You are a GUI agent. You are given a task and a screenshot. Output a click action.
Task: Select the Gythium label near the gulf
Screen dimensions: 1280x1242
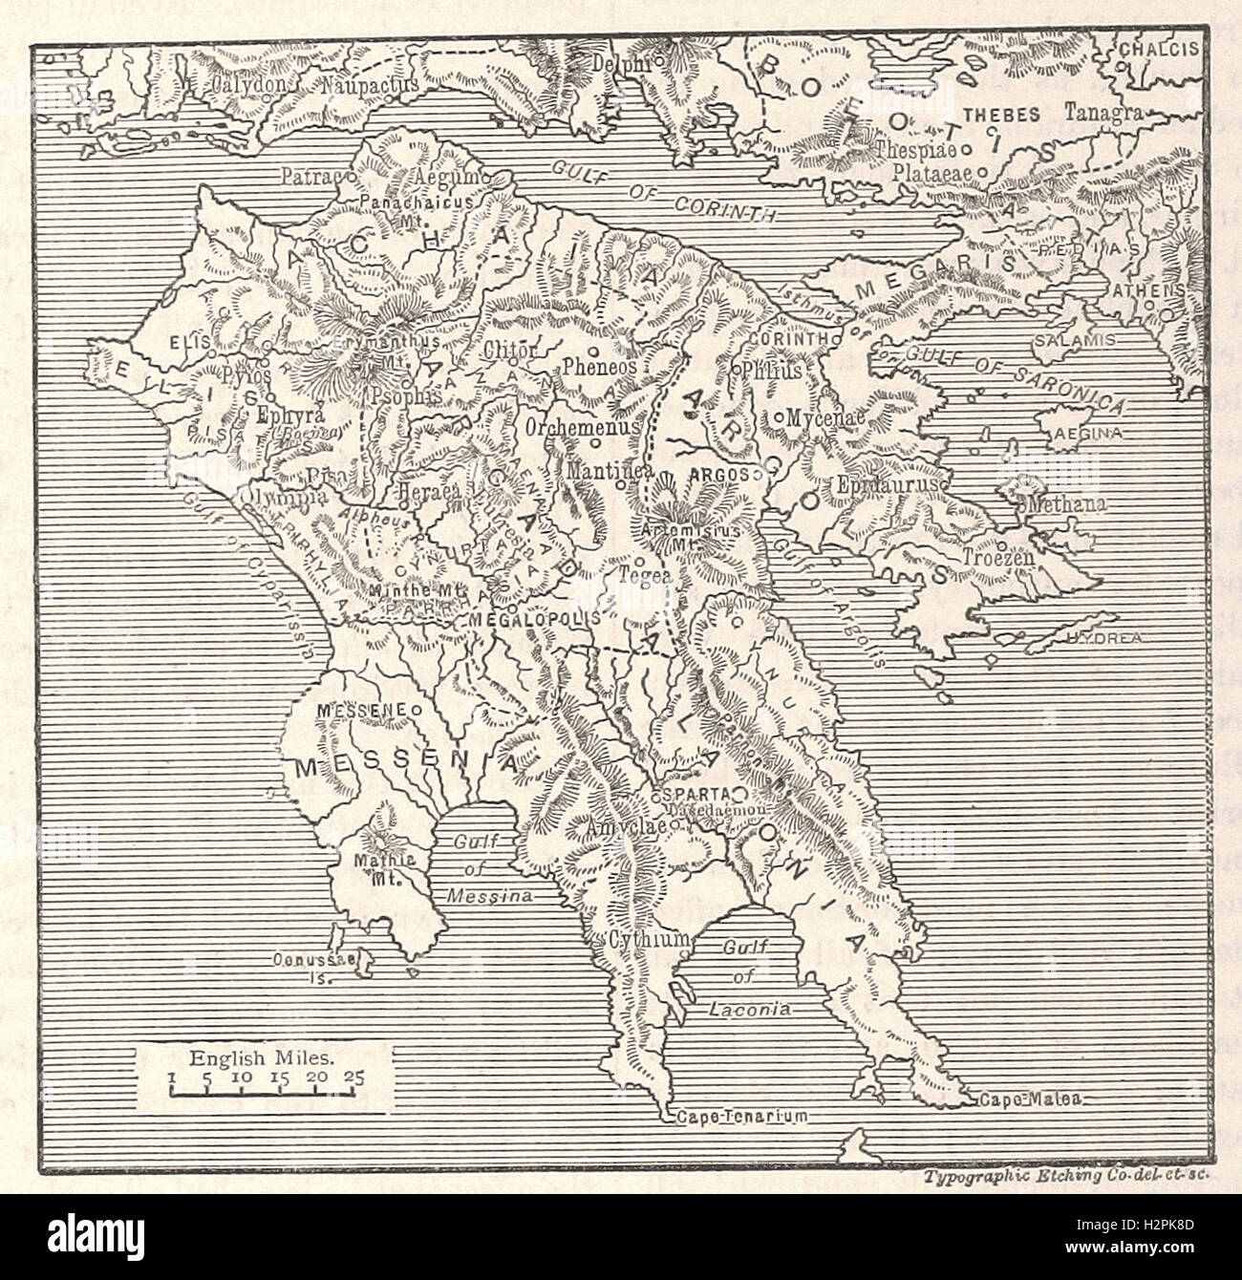[647, 940]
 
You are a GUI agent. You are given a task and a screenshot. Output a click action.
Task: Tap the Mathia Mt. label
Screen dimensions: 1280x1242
[387, 866]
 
